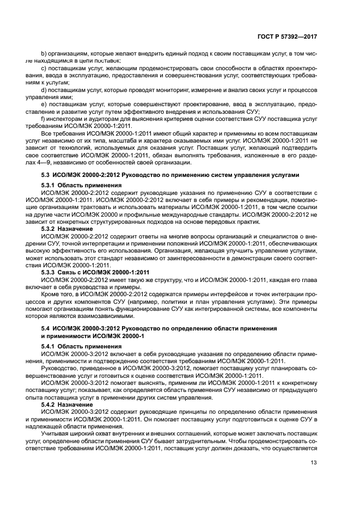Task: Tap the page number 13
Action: [313, 463]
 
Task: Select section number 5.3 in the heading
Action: [46, 175]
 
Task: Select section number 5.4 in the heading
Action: [46, 328]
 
